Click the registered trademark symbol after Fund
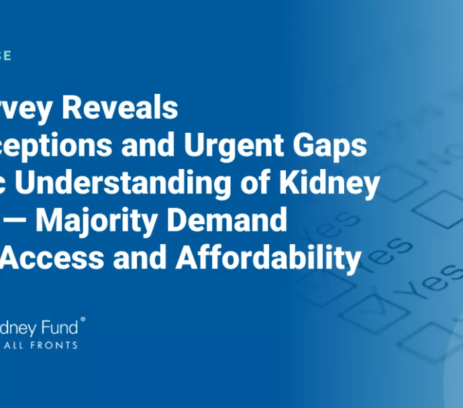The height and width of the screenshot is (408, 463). click(x=83, y=321)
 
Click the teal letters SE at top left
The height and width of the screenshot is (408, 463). click(x=5, y=55)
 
